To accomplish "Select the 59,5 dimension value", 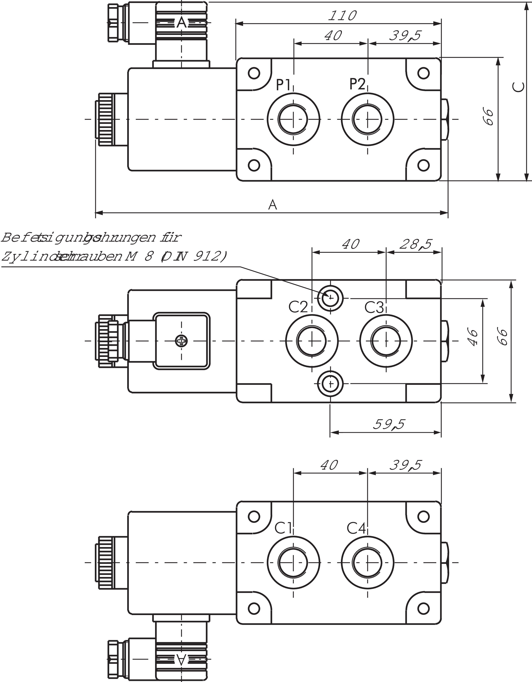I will [x=389, y=424].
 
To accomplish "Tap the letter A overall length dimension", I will [x=273, y=205].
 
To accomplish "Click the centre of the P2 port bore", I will [x=368, y=119].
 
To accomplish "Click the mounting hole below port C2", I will [x=330, y=383].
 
